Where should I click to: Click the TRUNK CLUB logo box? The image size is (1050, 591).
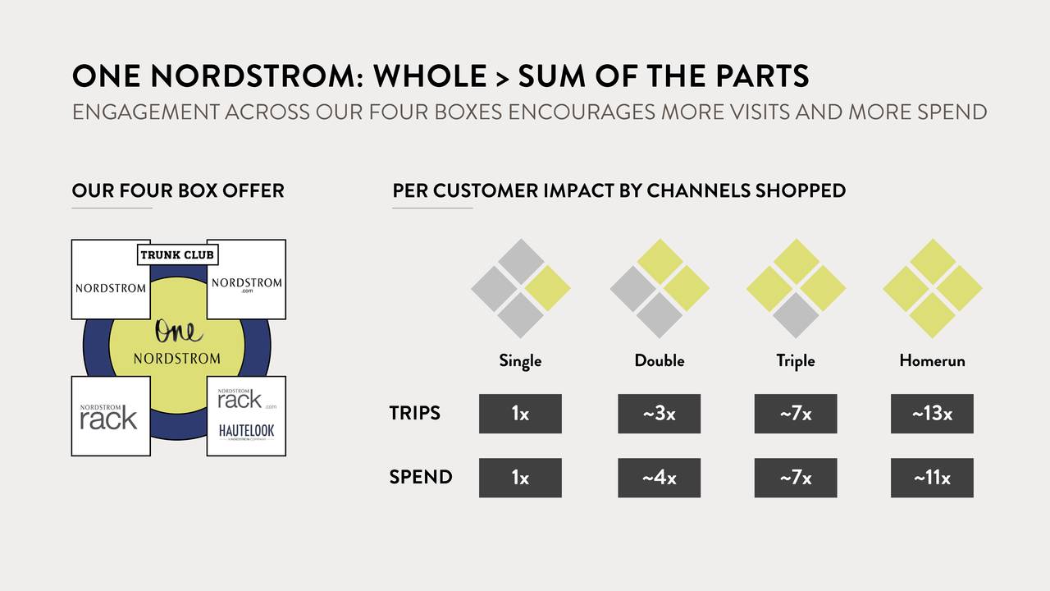(x=178, y=254)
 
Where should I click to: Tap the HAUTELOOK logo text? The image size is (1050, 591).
(x=246, y=431)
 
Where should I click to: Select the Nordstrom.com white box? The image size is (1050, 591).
(x=247, y=279)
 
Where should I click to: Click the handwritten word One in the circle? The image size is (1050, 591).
(x=179, y=331)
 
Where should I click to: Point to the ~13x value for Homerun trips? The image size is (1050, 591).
(x=932, y=414)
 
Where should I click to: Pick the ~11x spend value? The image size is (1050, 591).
(x=932, y=478)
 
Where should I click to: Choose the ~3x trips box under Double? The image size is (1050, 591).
(x=659, y=414)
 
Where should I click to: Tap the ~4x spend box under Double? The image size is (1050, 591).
(x=659, y=478)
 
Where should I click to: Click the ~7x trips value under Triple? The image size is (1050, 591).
(x=796, y=414)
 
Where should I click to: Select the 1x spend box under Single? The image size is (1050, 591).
(x=520, y=478)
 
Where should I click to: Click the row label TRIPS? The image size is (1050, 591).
(x=415, y=413)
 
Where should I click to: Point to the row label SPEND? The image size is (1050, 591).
(x=421, y=477)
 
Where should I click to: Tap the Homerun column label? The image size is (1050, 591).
(x=932, y=360)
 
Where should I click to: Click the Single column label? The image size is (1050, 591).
(x=520, y=361)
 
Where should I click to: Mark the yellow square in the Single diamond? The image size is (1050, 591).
(x=547, y=288)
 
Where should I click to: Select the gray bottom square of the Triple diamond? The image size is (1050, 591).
(x=796, y=315)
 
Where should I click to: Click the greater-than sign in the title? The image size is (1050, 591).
(x=502, y=78)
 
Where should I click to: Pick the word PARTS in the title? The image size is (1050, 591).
(x=759, y=76)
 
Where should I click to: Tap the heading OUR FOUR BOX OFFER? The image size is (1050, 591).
(x=178, y=190)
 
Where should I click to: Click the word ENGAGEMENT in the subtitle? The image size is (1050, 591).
(x=146, y=112)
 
